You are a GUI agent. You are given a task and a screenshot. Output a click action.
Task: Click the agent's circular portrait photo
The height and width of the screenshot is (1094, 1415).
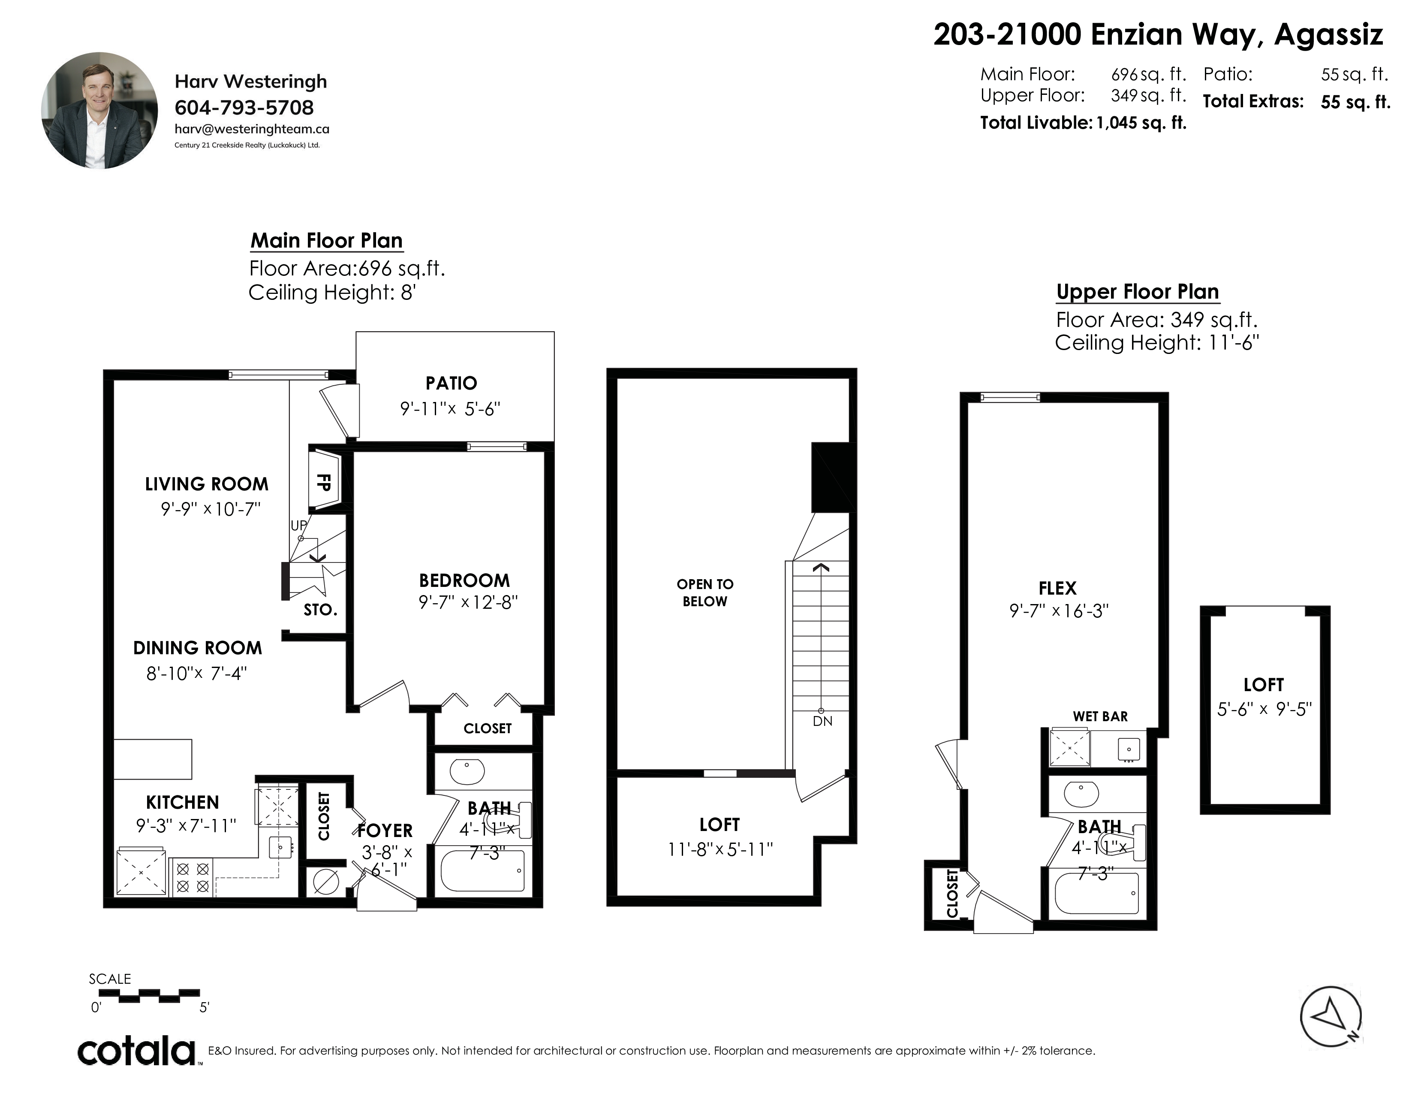(100, 111)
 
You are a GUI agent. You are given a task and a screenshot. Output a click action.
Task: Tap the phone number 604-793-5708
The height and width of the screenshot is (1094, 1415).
(244, 108)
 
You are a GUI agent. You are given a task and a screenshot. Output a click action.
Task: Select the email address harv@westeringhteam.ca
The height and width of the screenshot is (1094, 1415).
(252, 129)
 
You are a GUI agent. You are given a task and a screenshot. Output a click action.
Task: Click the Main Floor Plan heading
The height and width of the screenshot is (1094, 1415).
(327, 240)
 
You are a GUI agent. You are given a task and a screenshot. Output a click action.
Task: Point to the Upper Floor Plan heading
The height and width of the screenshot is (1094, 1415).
(1138, 292)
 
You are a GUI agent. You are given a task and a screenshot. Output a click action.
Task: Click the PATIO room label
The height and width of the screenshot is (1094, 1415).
(451, 383)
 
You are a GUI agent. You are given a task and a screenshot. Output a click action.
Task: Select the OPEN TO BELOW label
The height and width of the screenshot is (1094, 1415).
(705, 592)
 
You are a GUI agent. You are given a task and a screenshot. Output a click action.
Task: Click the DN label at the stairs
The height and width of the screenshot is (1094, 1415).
(822, 721)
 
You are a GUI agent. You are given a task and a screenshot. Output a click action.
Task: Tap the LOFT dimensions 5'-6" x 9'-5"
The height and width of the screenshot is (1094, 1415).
(1264, 709)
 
